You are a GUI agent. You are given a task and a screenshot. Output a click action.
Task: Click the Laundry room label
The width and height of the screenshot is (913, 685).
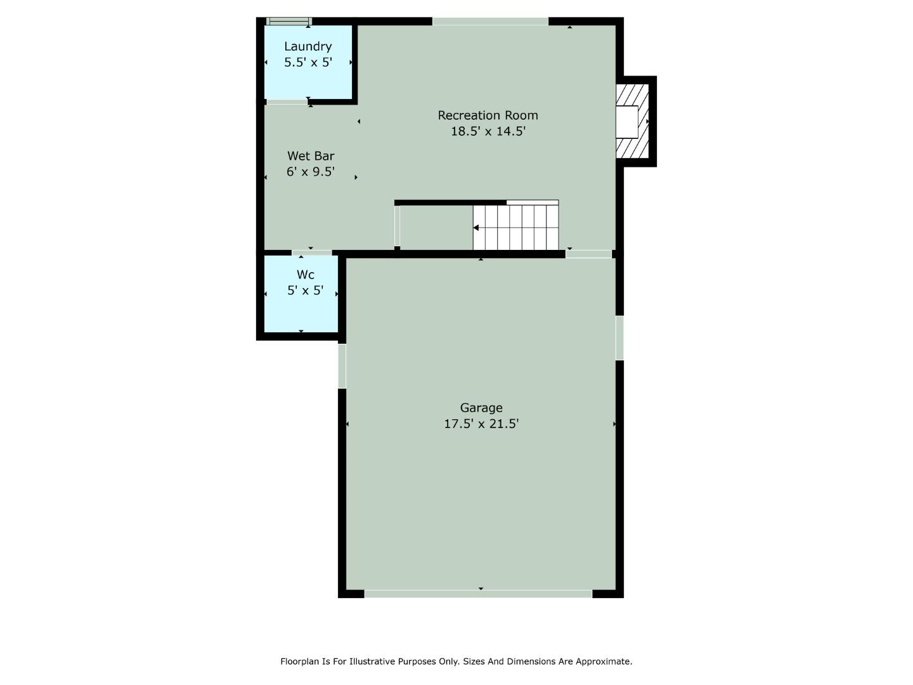308,46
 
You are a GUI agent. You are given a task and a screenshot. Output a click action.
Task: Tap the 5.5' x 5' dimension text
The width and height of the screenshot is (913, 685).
308,62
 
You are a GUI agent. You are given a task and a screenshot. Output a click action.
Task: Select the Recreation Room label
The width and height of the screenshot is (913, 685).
488,115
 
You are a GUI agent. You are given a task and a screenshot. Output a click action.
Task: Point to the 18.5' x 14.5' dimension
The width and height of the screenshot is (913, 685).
488,131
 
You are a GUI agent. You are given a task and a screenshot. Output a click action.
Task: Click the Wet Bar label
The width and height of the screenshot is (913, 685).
311,156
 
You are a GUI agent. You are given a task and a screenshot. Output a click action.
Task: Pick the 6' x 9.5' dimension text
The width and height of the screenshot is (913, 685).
311,171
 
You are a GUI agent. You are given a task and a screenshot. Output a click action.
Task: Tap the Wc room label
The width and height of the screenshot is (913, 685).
306,275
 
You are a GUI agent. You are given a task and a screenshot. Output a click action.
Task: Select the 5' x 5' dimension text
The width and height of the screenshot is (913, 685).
306,290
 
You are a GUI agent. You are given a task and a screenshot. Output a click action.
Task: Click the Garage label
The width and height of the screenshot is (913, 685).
481,408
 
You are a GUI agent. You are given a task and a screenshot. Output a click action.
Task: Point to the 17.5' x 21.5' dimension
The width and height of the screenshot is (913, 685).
481,424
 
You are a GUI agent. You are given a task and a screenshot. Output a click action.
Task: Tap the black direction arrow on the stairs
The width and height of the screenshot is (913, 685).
476,228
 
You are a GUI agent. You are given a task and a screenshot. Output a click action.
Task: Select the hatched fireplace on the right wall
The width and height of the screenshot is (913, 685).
633,121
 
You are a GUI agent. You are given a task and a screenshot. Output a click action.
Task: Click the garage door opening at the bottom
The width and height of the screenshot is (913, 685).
478,594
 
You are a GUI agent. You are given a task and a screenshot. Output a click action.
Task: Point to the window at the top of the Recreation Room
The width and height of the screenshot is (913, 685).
490,22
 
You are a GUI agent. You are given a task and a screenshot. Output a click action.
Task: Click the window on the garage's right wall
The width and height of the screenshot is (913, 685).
619,337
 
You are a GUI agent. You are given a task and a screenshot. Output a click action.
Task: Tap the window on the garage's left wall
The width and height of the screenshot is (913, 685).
342,365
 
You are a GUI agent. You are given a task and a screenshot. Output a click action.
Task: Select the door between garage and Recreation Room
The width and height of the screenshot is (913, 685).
588,254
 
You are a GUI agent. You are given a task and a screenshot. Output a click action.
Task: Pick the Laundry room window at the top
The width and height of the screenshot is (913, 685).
288,22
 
